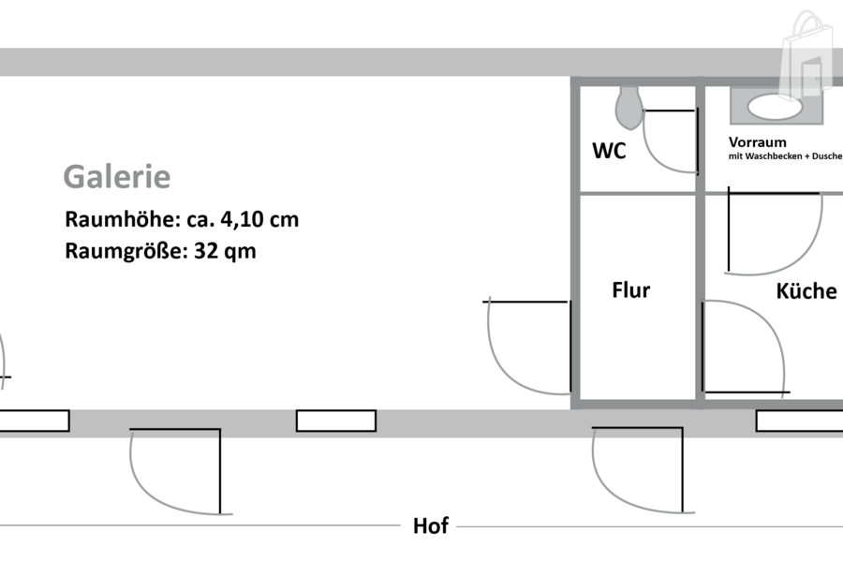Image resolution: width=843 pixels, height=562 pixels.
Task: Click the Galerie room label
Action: coord(116,176)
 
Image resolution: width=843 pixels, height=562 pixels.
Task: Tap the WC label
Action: coord(609,150)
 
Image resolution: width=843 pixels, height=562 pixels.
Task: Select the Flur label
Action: coord(630,290)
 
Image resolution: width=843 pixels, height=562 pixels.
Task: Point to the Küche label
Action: coord(806,291)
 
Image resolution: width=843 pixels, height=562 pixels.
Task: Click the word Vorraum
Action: coord(757,141)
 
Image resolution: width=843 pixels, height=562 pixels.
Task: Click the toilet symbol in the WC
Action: coord(629,107)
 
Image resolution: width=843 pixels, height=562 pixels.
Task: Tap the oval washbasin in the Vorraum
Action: coord(775,107)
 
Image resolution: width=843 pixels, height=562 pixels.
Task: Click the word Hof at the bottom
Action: coord(431,526)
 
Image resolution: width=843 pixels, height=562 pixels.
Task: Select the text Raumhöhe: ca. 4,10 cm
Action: coord(182,220)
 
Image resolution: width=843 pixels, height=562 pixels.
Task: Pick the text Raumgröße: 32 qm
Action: coord(160,251)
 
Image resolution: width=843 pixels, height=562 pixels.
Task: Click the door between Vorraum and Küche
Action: coord(774,232)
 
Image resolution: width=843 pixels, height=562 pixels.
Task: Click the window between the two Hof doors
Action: coord(336,421)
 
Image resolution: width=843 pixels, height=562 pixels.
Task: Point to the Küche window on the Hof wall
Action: coord(799,421)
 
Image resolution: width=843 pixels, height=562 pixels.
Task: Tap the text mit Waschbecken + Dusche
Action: coord(785,156)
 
